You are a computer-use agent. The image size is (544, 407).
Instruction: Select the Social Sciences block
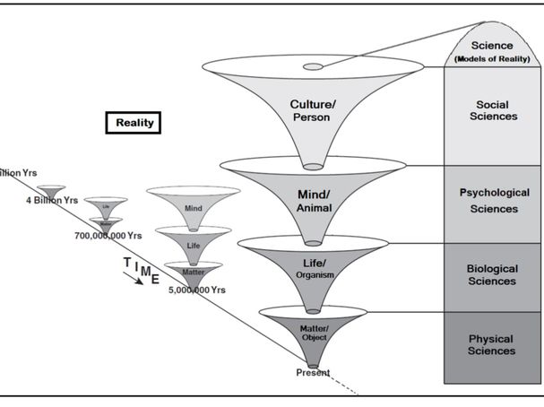point(492,111)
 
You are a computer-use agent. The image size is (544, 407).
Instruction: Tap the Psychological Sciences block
point(492,202)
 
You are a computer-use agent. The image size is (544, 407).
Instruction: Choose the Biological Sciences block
point(492,274)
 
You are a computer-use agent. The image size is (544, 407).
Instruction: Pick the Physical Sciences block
point(492,344)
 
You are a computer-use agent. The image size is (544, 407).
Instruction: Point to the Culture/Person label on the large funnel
point(311,110)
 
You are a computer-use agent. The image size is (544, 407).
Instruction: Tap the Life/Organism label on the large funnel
point(311,267)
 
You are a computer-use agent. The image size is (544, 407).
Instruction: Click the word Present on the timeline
point(313,372)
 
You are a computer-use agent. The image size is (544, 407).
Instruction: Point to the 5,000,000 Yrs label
point(196,290)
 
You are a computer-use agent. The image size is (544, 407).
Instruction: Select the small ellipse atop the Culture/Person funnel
point(312,67)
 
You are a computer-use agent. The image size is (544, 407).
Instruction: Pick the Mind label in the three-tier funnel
point(194,208)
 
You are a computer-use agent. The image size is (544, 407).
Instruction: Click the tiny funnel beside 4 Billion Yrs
point(49,191)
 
